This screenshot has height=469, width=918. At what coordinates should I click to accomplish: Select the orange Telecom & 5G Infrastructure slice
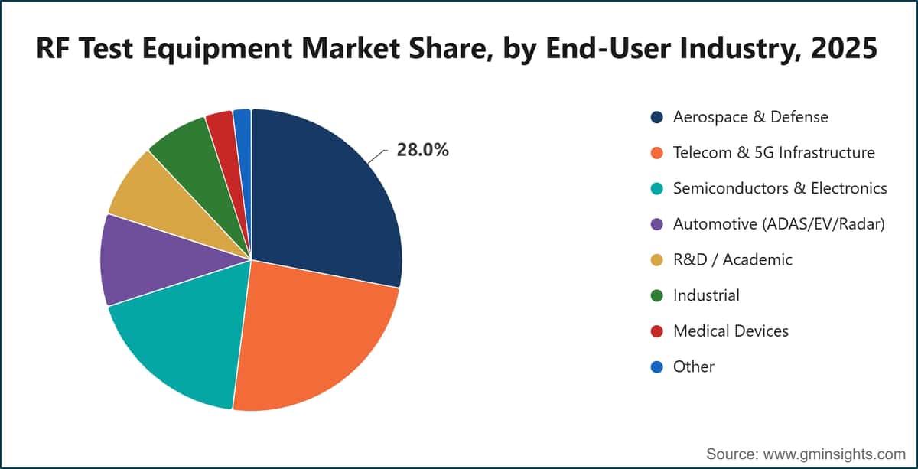click(x=311, y=340)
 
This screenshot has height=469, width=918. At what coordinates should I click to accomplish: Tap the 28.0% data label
click(x=422, y=150)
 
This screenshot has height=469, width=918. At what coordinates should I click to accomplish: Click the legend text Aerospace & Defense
click(x=750, y=117)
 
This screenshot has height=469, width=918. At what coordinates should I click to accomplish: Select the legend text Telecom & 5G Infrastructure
click(x=773, y=153)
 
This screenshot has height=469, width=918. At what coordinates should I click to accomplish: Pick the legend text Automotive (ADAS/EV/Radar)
click(x=779, y=224)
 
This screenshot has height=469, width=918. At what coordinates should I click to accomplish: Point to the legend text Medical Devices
click(x=731, y=331)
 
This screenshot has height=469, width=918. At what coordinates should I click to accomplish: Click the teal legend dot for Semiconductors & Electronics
click(x=657, y=188)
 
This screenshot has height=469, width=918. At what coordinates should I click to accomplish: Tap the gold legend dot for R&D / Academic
click(x=657, y=260)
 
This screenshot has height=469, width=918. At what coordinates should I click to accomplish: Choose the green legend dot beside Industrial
click(x=657, y=295)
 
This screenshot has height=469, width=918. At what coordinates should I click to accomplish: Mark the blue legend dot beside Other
click(x=657, y=367)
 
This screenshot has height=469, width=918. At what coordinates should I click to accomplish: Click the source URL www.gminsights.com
click(x=835, y=454)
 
